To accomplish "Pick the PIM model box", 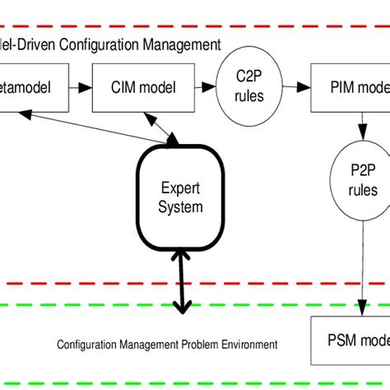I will tap(351, 86).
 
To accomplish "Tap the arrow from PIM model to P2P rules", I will tap(362, 130).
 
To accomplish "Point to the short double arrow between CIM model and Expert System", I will tap(169, 128).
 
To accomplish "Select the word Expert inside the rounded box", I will tap(179, 188).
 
